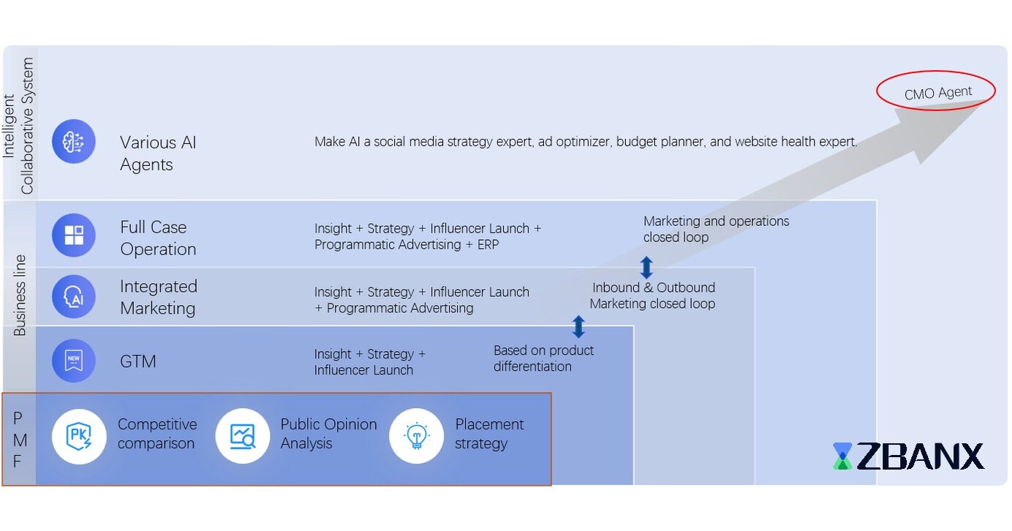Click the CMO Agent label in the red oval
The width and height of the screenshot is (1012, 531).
[937, 93]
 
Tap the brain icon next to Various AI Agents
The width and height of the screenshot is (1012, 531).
[74, 141]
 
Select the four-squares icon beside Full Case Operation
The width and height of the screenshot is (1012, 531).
[74, 236]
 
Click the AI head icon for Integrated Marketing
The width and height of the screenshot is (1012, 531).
[74, 297]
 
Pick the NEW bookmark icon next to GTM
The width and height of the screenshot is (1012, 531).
[74, 361]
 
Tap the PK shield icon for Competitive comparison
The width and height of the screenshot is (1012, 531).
[79, 436]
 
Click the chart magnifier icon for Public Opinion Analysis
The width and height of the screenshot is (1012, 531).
[242, 436]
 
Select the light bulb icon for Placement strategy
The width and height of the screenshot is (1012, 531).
[416, 436]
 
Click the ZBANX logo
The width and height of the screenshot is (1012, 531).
[908, 456]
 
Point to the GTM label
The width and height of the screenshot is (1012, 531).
[138, 361]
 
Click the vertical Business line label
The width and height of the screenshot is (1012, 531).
[20, 295]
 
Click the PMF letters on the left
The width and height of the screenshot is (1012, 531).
[19, 439]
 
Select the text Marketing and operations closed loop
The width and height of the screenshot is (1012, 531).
[715, 229]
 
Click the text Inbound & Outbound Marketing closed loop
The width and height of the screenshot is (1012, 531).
[653, 295]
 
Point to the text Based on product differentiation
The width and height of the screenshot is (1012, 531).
[543, 358]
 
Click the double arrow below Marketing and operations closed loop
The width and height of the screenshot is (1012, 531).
[646, 268]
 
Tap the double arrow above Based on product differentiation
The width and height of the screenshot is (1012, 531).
[578, 326]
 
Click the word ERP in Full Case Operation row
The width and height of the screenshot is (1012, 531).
[488, 245]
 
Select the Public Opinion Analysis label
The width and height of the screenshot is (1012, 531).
[328, 434]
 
